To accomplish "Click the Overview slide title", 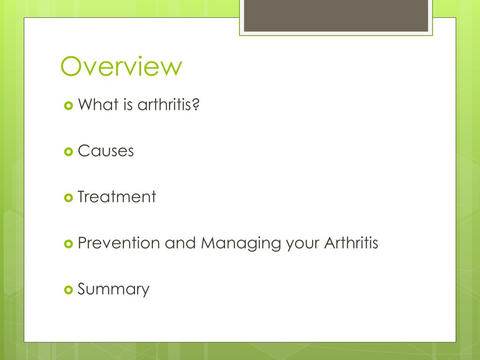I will coord(121,66).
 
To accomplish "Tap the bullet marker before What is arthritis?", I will coord(68,105).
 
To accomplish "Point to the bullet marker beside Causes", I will coord(68,151).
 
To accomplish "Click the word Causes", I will coord(106,151).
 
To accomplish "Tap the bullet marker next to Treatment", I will coord(68,197).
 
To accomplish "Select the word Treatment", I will coord(117,197).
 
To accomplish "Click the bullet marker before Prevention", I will coord(68,243).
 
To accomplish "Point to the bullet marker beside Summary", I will coord(68,289).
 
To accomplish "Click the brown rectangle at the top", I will coord(336,15).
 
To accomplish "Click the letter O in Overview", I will coord(72,66).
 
